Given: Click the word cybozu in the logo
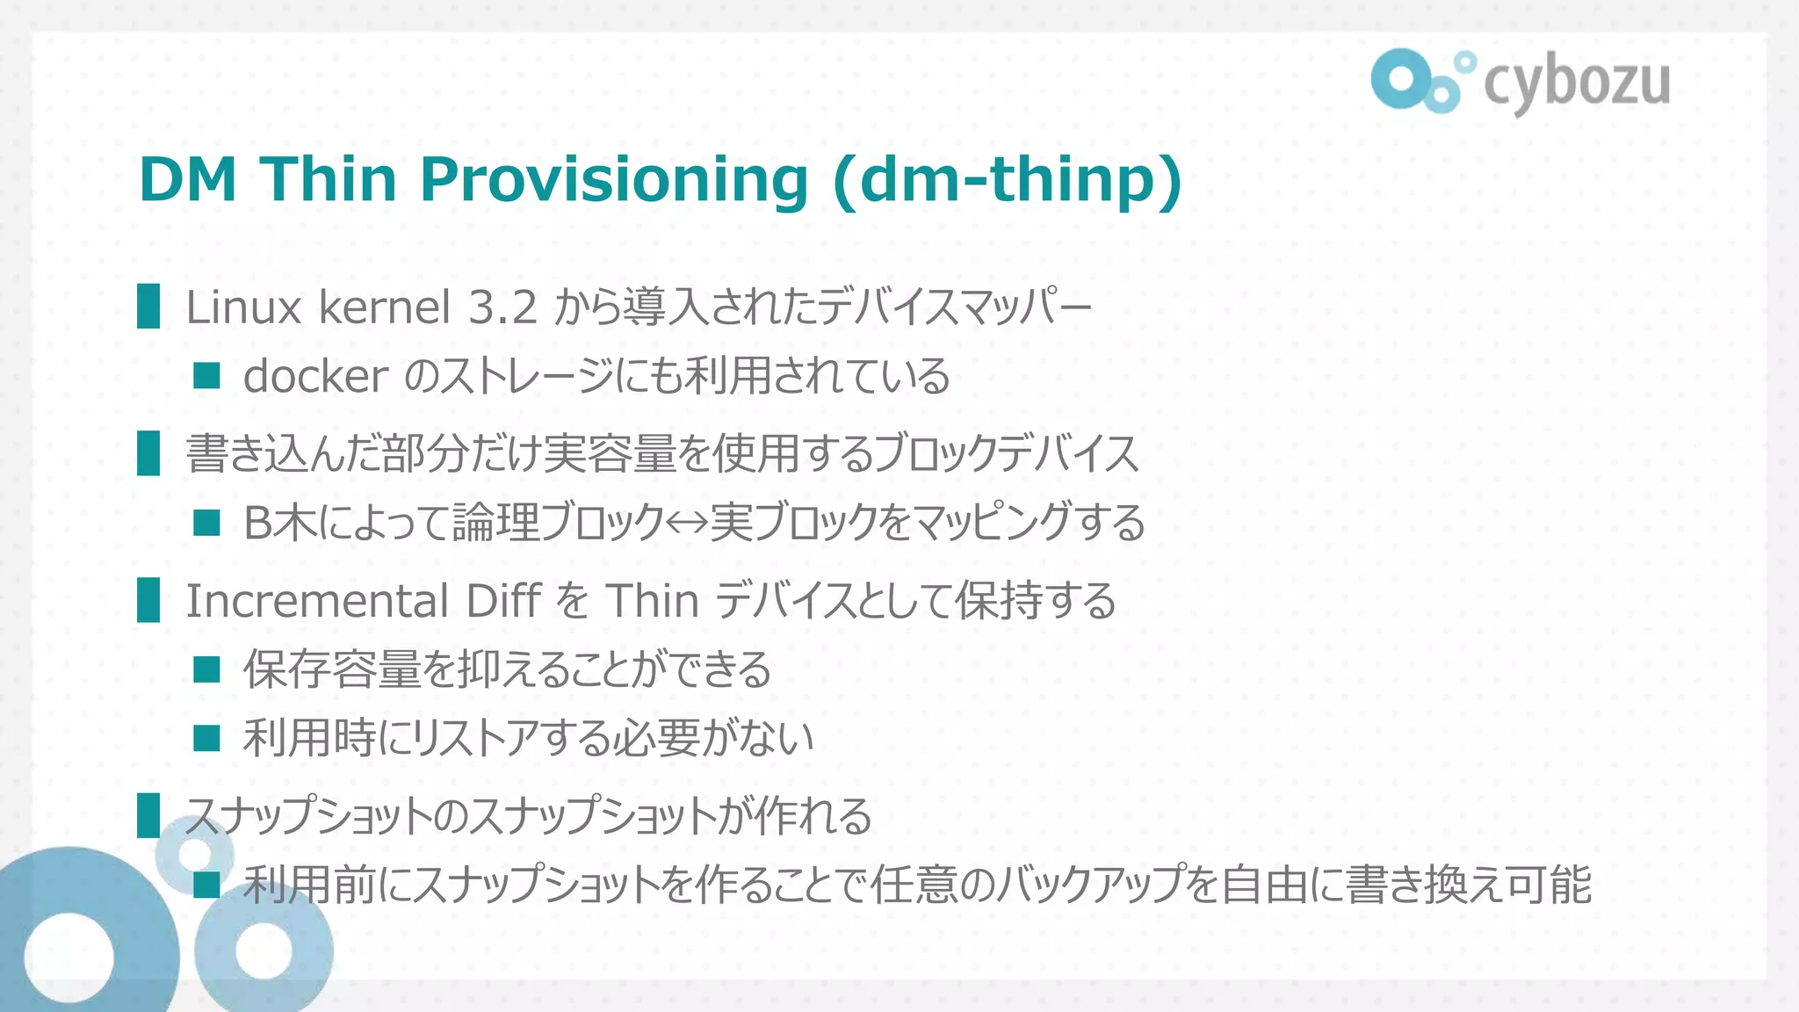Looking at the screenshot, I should coord(1577,83).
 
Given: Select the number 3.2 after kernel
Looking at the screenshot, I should coord(502,307).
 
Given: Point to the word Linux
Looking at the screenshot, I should coord(243,307).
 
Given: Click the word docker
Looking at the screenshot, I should coord(315,376).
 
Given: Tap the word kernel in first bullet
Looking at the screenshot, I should coord(385,307).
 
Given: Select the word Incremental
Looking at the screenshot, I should coord(317,601).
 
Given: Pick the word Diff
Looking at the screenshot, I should coord(503,601).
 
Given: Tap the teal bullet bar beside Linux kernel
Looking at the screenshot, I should coord(148,307).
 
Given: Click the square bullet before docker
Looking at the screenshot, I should coord(206,377).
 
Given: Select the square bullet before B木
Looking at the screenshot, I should coord(206,524).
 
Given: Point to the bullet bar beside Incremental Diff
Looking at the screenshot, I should coord(148,600).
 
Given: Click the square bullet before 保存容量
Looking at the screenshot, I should coord(206,670).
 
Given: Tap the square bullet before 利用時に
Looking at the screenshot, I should coord(206,738).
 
